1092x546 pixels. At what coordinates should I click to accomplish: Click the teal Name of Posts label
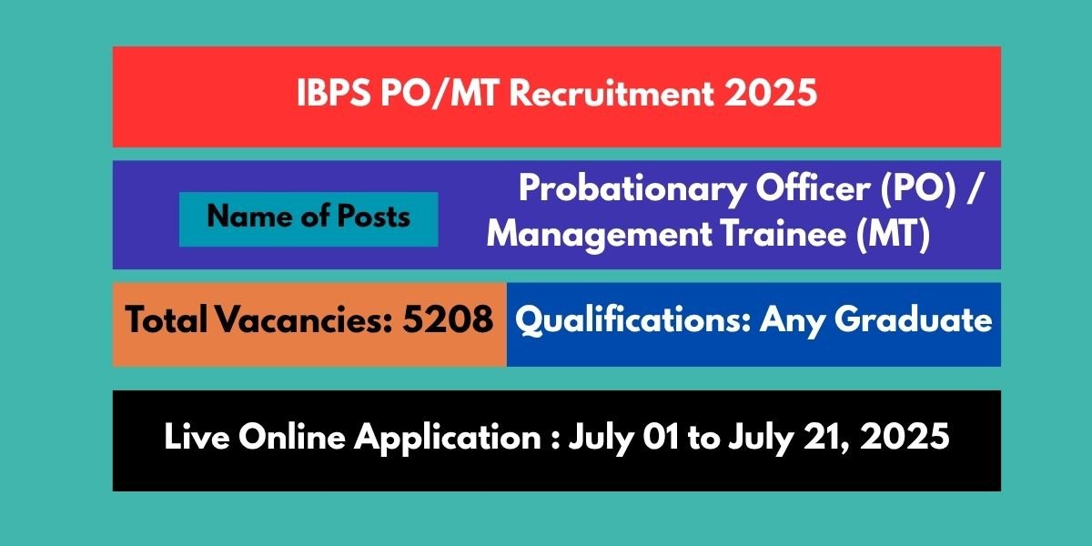(x=308, y=217)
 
